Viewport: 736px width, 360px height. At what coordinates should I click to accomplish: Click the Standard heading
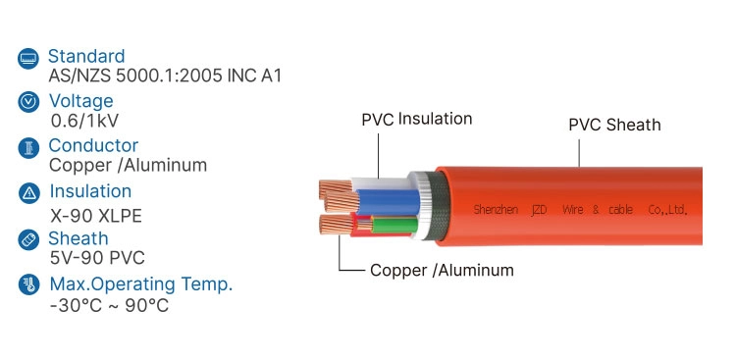coord(86,56)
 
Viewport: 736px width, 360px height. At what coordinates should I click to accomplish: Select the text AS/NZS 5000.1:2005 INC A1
coord(165,76)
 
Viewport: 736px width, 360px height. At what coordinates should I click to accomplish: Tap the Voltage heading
coord(80,100)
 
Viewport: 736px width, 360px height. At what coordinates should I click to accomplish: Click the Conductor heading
coord(93,145)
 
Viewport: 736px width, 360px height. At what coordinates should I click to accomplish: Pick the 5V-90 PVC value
coord(96,258)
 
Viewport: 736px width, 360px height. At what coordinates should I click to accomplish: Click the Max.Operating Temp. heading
coord(141,284)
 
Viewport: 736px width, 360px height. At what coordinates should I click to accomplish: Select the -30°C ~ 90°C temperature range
coord(108,305)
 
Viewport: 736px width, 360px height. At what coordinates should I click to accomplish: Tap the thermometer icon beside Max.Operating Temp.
coord(29,285)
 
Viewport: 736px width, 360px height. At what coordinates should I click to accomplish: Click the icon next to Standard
coord(29,57)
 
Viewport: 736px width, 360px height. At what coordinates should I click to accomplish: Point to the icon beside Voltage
coord(29,101)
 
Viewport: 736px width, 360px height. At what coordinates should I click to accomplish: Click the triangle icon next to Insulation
coord(29,192)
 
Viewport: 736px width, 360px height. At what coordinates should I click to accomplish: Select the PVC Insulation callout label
coord(416,119)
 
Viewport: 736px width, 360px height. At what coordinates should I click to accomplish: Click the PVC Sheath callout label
coord(614,125)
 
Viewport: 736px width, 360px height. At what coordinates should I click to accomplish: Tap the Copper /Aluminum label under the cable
coord(442,270)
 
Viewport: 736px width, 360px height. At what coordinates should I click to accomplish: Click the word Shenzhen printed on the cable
coord(496,210)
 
